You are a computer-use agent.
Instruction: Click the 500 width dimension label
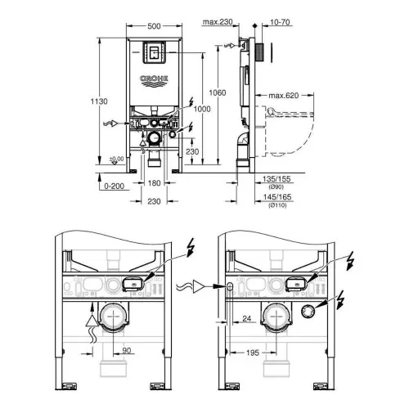154,26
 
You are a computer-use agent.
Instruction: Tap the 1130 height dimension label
99,101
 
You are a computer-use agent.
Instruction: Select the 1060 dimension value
218,93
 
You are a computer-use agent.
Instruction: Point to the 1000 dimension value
202,109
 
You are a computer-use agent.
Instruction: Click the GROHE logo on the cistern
154,81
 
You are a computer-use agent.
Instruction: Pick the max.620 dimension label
284,96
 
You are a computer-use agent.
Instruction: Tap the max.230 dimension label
218,22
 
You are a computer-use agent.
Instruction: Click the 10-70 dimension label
280,22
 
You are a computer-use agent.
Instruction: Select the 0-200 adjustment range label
115,187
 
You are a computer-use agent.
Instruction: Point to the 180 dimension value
154,183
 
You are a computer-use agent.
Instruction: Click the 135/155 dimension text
276,179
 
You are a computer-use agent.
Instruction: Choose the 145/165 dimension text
277,197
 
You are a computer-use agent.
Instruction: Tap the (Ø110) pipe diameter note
277,205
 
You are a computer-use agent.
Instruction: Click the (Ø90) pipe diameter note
276,187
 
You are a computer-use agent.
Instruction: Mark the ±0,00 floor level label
116,159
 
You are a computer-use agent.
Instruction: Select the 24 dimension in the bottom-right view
247,318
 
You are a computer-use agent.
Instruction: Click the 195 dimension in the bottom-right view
253,353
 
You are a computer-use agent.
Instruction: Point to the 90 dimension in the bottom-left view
127,351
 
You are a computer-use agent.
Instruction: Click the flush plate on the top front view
154,52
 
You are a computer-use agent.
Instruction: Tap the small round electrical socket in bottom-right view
308,312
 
